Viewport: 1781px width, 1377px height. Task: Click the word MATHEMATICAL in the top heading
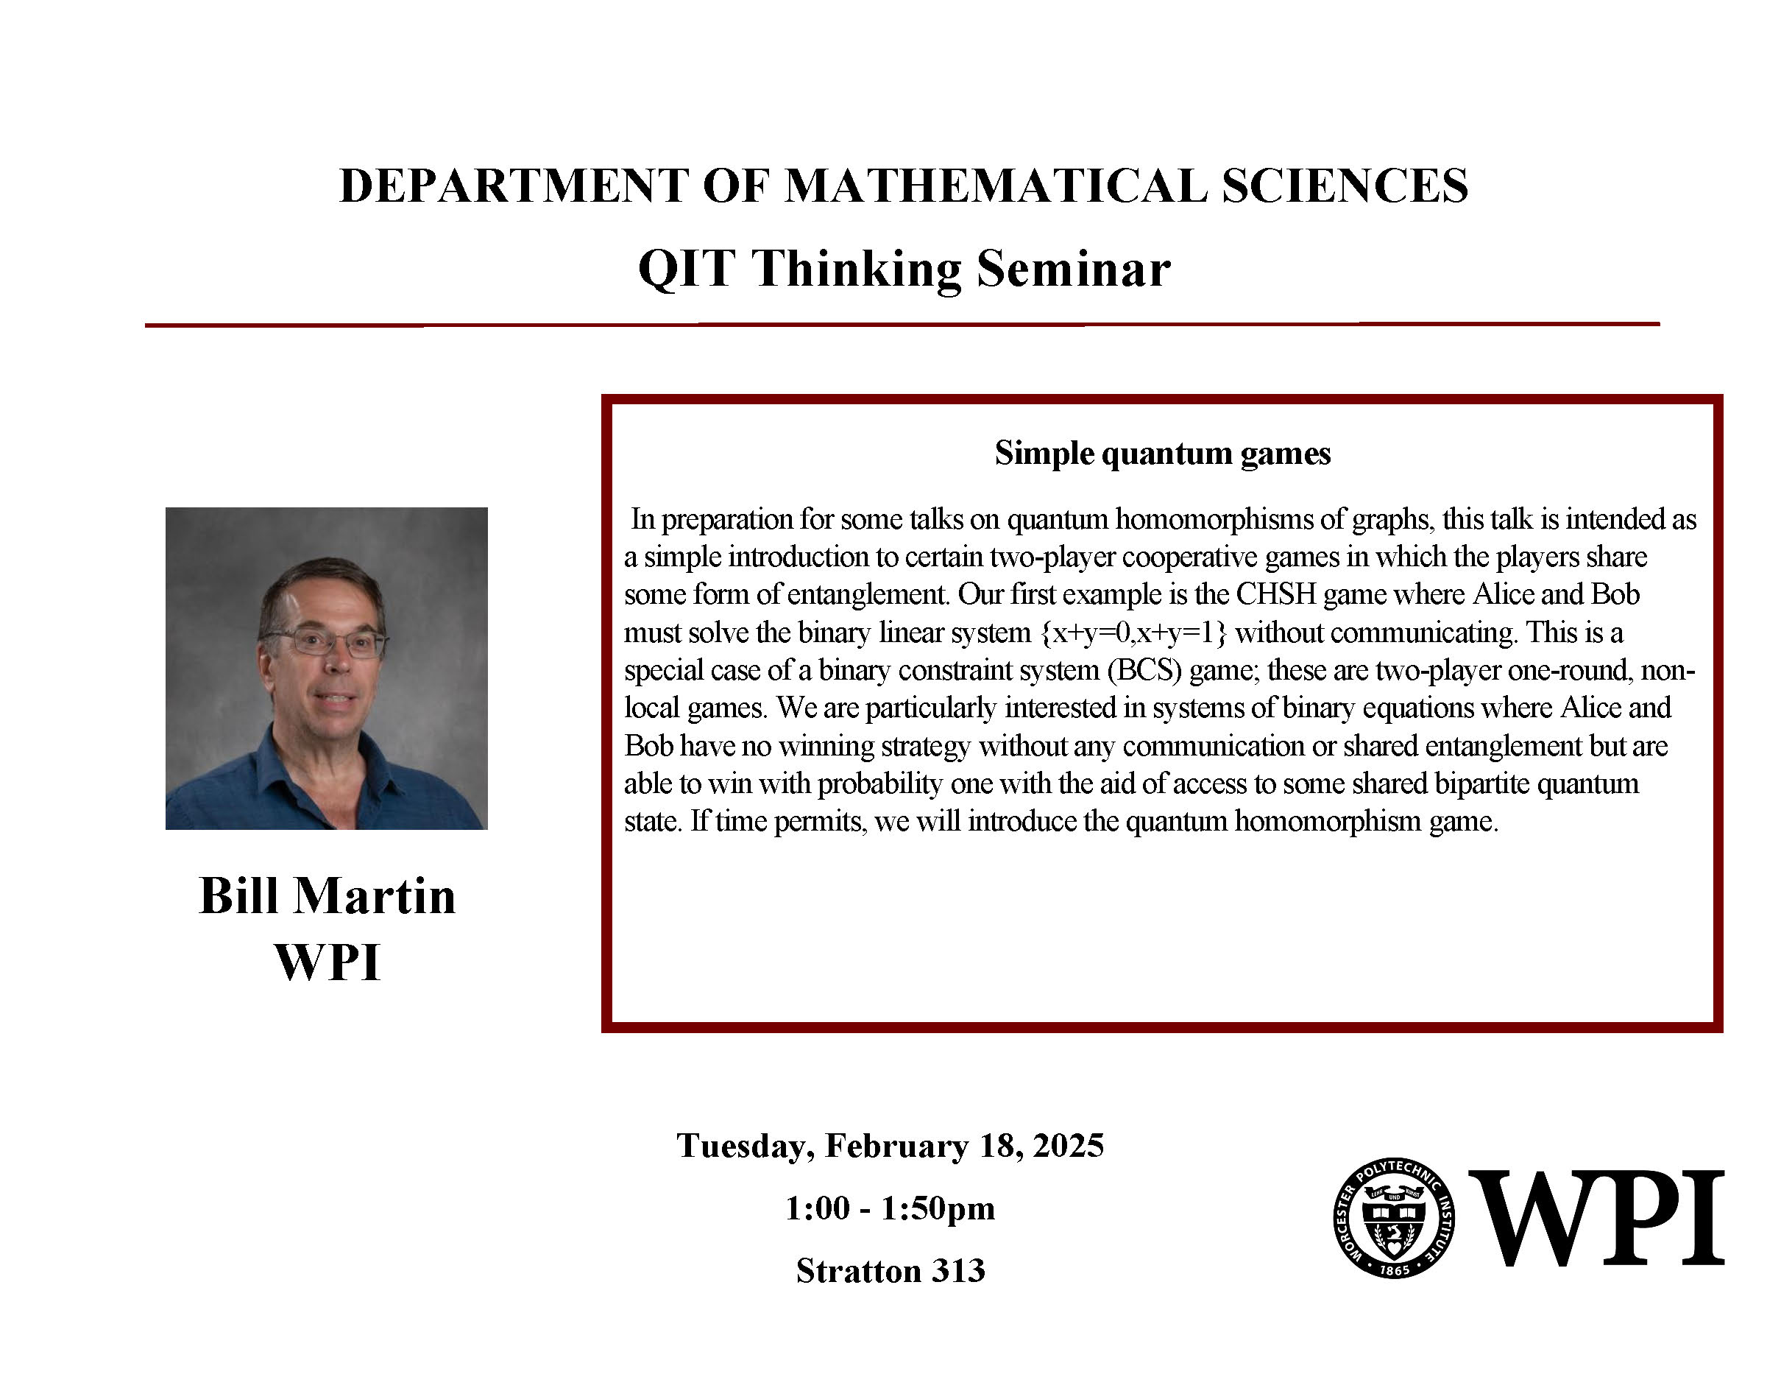[996, 186]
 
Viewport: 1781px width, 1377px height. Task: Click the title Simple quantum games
[1162, 454]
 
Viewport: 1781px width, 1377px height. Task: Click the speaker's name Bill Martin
[327, 895]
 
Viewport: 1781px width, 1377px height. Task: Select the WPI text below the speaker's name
[327, 962]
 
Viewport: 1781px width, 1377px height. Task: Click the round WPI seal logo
[1395, 1217]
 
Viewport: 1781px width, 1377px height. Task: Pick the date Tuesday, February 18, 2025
[890, 1145]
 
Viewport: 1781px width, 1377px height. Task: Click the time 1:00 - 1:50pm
[890, 1208]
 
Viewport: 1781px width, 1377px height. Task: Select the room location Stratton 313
[890, 1271]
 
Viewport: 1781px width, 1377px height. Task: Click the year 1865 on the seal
[1395, 1270]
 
